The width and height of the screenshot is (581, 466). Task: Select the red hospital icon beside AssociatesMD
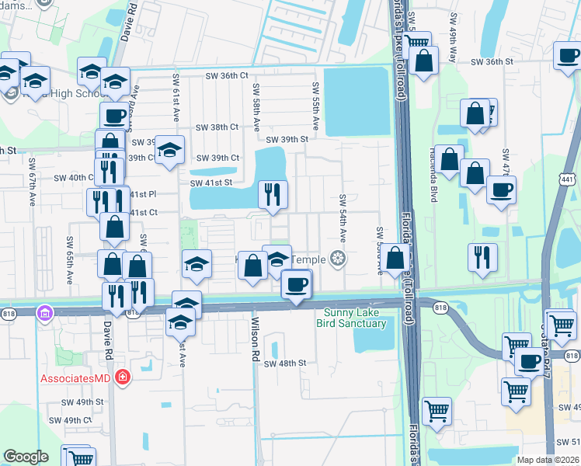coord(122,378)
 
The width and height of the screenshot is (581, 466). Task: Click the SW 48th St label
coord(285,363)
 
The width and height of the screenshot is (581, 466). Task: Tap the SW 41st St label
coord(211,183)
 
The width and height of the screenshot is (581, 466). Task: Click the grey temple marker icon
coord(337,259)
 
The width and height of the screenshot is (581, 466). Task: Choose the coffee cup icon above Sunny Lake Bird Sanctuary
coord(295,283)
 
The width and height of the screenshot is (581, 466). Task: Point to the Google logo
coord(26,457)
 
